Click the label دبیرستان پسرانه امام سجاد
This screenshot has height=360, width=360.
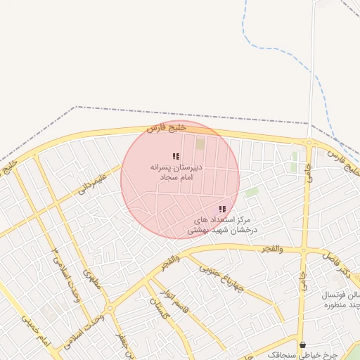pyautogui.click(x=176, y=174)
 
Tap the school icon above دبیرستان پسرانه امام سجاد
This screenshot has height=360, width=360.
pyautogui.click(x=176, y=156)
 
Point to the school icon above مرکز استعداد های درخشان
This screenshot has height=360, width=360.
pyautogui.click(x=222, y=209)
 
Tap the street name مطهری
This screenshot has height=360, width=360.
pyautogui.click(x=92, y=281)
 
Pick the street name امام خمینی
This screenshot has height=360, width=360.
pyautogui.click(x=36, y=331)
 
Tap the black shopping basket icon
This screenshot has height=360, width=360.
pyautogui.click(x=303, y=345)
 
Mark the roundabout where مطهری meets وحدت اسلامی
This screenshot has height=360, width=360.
pyautogui.click(x=109, y=308)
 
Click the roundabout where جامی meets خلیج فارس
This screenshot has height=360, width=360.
pyautogui.click(x=309, y=143)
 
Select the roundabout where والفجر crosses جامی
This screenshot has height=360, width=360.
pyautogui.click(x=304, y=249)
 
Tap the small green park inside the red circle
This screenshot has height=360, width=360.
pyautogui.click(x=200, y=144)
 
